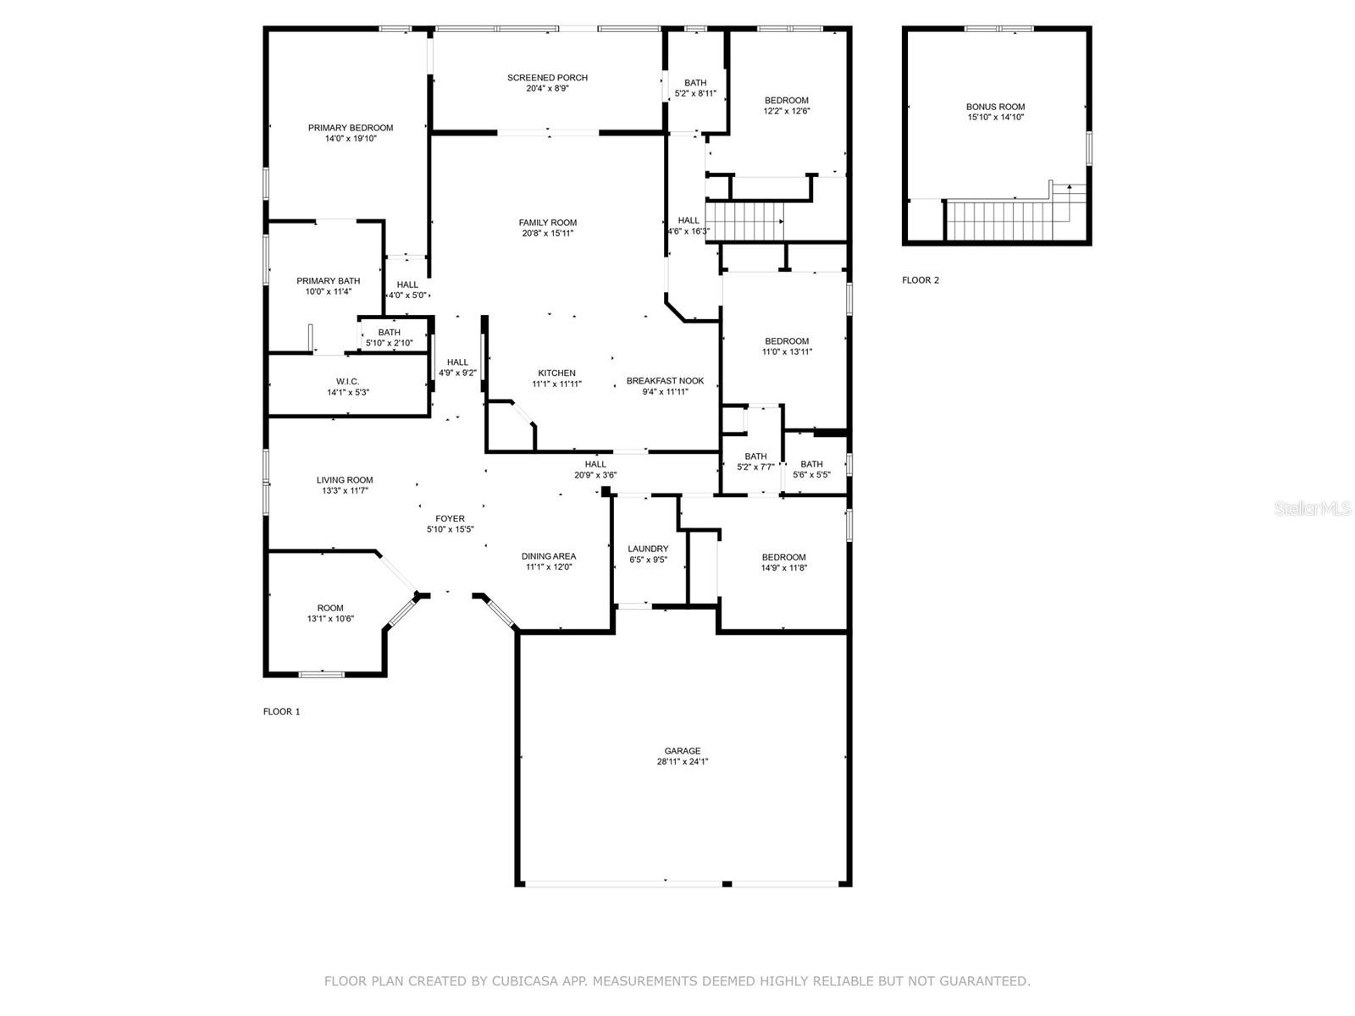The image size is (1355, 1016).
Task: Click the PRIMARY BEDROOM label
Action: click(x=351, y=128)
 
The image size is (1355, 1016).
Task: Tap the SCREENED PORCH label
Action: click(x=547, y=78)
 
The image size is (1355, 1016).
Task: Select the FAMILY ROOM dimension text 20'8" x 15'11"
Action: click(x=548, y=233)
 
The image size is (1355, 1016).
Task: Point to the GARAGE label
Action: click(x=682, y=751)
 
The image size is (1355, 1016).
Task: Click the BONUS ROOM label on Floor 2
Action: click(x=995, y=107)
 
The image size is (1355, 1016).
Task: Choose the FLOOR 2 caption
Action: click(x=921, y=280)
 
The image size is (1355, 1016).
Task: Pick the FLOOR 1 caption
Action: click(x=281, y=711)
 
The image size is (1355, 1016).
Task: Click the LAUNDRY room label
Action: click(x=648, y=549)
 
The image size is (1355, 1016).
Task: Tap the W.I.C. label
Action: click(x=347, y=382)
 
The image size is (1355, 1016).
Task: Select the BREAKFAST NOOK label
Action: click(x=665, y=381)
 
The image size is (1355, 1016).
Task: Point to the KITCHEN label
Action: click(x=556, y=373)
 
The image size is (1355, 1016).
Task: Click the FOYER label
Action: click(x=450, y=519)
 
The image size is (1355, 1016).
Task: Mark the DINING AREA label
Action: click(x=549, y=556)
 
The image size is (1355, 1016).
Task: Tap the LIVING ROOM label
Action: click(x=345, y=480)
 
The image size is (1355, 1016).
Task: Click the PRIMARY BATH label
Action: click(x=328, y=281)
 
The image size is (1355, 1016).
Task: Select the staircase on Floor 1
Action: click(x=744, y=222)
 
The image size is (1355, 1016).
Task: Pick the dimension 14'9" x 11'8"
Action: click(x=784, y=568)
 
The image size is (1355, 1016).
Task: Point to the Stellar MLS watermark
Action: click(x=1313, y=509)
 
